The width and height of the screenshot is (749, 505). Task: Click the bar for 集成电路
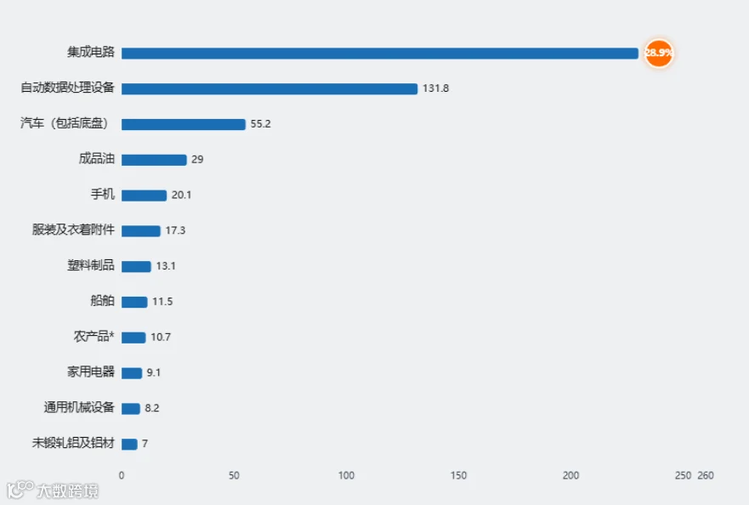coord(380,53)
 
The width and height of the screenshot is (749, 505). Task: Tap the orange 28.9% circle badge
coord(659,53)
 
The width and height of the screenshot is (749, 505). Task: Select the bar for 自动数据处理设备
coord(270,89)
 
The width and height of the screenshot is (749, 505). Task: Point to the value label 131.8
coord(435,88)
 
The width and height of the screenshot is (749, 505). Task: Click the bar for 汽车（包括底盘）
coord(184,124)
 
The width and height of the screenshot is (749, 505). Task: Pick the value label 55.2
coord(260,124)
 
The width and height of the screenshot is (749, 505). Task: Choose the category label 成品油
coord(96,159)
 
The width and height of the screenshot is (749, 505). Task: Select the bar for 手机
coord(144,196)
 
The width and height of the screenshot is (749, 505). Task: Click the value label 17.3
coord(175,230)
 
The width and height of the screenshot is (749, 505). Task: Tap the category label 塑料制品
coord(91,265)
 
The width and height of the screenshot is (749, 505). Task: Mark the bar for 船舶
coord(134,302)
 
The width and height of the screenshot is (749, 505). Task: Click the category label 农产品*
coord(94,337)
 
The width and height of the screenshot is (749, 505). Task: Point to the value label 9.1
coord(153,372)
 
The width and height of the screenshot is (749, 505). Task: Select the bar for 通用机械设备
coord(130,408)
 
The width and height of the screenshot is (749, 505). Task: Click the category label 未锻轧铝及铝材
coord(73,443)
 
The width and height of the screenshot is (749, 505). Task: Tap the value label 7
coord(145,444)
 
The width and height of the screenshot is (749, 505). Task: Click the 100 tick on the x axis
coord(346,475)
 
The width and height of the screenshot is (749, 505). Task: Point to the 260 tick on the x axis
coord(706,475)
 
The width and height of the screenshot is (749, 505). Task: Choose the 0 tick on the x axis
coord(122,475)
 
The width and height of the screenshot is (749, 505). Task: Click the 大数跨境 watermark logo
coord(53,491)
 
